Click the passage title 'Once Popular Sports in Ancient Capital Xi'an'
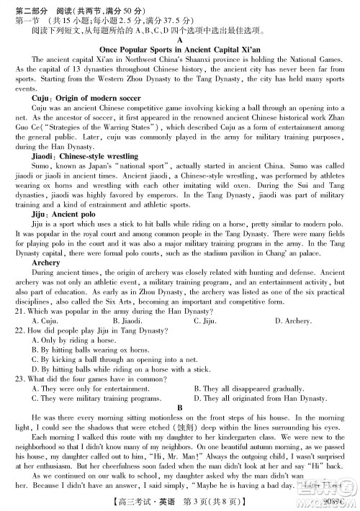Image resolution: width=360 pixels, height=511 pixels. (x=179, y=56)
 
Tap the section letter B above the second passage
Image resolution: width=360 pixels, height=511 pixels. (x=179, y=407)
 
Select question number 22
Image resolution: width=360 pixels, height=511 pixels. (x=20, y=349)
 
